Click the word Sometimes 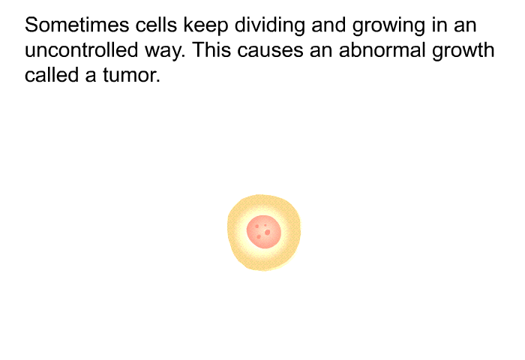76,25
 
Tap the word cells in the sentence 156,25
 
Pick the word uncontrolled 81,50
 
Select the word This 211,50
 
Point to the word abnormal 382,50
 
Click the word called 52,75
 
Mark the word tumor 129,76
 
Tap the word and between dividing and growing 328,25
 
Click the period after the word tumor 158,82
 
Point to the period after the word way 184,56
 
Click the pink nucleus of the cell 264,232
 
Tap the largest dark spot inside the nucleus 267,232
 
